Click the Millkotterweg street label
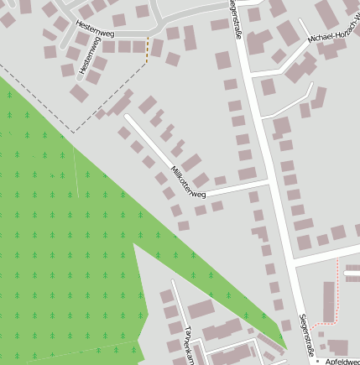click(188, 181)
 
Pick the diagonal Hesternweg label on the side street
click(86, 56)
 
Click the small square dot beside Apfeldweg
click(318, 360)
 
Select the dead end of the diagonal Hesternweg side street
click(76, 81)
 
